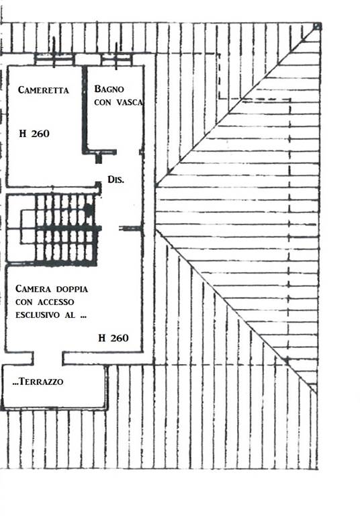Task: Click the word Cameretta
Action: click(44, 90)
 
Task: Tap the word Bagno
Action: click(109, 89)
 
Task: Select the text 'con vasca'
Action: click(118, 102)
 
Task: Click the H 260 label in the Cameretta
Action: click(34, 133)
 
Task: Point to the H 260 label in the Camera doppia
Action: click(114, 338)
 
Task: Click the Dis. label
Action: click(116, 179)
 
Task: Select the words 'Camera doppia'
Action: click(52, 289)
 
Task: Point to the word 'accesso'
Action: click(56, 302)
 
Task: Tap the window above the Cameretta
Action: click(54, 60)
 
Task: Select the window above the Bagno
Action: click(116, 60)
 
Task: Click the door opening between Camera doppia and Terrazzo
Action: click(48, 358)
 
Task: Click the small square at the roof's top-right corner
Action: click(317, 26)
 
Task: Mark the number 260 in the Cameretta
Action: click(40, 133)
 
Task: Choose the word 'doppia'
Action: click(72, 290)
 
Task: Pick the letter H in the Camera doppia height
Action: click(101, 338)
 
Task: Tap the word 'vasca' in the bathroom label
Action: click(130, 102)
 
